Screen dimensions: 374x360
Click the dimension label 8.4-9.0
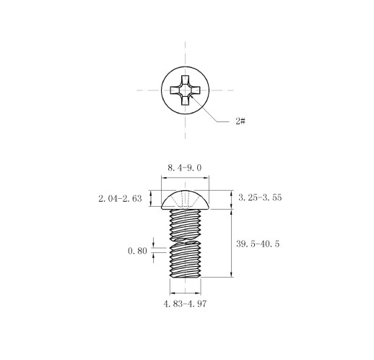[185, 168]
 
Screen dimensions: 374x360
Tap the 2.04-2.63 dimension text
[120, 199]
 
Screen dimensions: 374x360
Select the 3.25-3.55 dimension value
[260, 197]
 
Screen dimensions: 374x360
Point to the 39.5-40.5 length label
[258, 244]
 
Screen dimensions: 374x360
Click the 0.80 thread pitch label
[137, 251]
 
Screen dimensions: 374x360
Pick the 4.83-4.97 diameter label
[185, 304]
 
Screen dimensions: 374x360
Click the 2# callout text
[240, 121]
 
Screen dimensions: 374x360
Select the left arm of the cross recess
[175, 90]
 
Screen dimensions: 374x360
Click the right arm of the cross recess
[196, 90]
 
